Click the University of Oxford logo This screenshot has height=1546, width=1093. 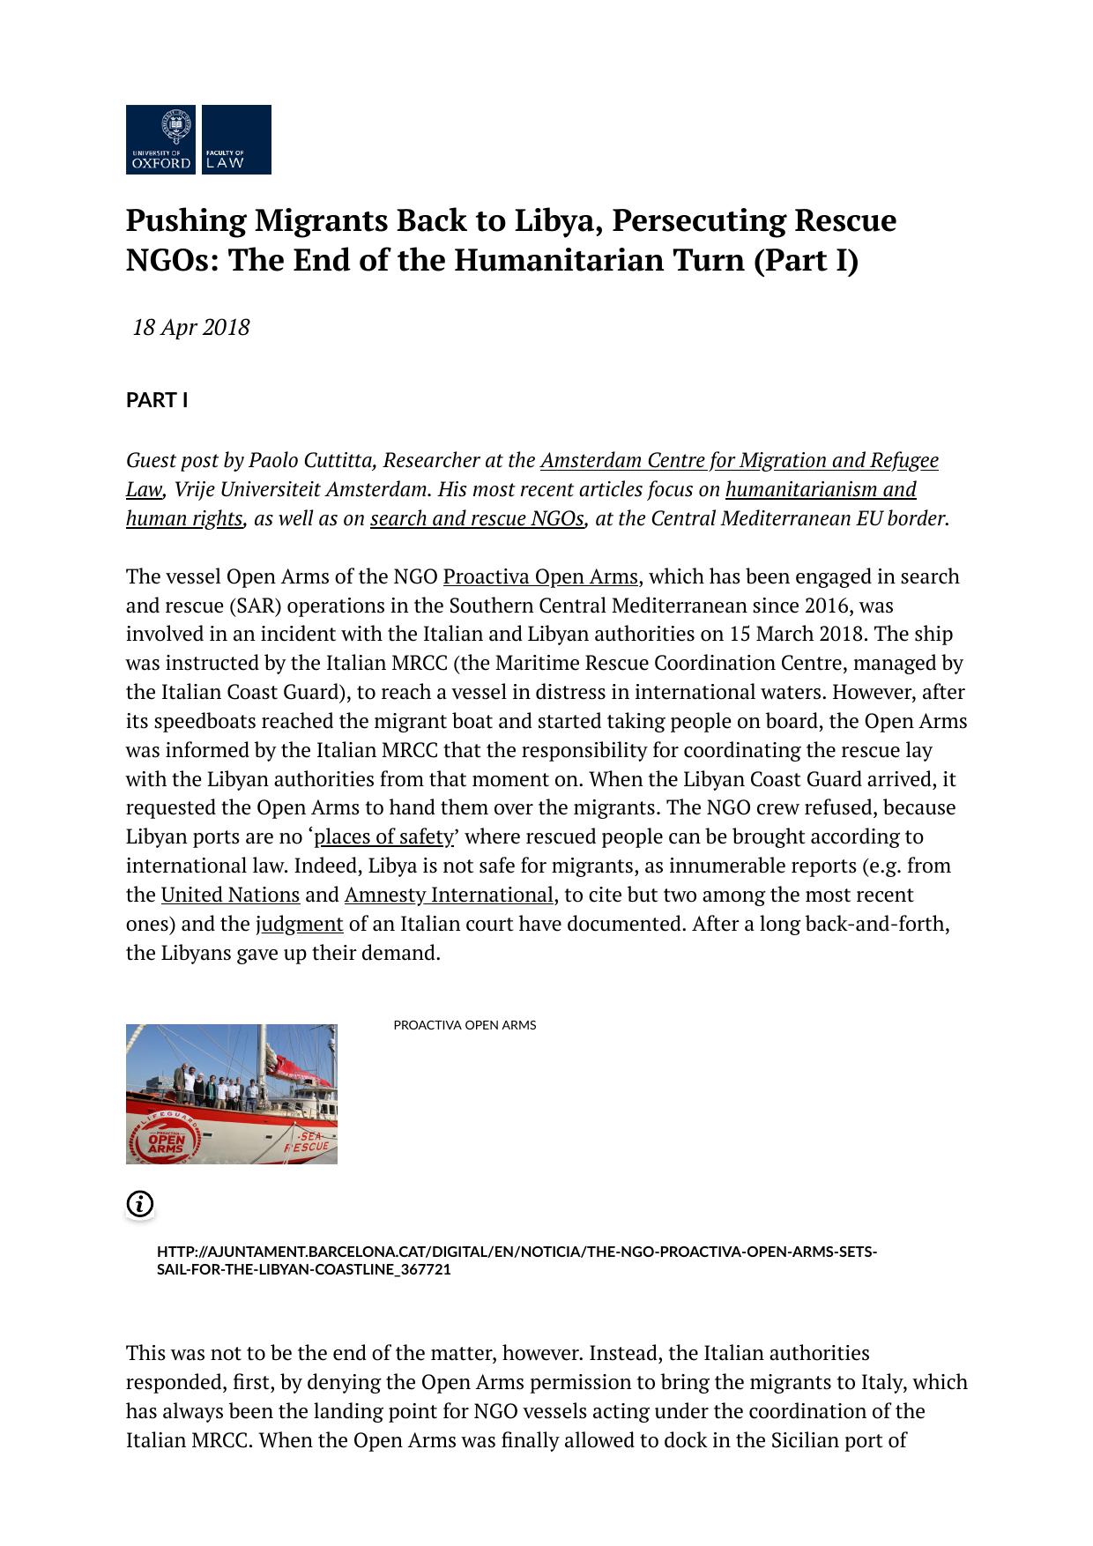pos(161,139)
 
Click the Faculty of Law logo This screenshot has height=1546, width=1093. pos(236,139)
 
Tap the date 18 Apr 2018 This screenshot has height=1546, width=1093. pos(191,328)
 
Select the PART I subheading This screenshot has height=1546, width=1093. pos(157,401)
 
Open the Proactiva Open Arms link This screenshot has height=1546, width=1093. pos(539,576)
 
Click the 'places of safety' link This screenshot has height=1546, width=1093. pos(384,836)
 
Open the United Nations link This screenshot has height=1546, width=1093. pos(230,895)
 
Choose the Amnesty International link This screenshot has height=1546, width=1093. pos(449,895)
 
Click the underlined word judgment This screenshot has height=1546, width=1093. pos(300,924)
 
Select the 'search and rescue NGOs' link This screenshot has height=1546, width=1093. pos(477,518)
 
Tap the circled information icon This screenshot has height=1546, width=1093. pos(140,1204)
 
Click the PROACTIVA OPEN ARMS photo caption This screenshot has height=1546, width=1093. pos(465,1025)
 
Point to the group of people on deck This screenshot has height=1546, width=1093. pos(217,1089)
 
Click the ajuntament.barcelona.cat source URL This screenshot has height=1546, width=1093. pos(517,1260)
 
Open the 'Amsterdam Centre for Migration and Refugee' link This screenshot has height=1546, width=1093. pos(739,460)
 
